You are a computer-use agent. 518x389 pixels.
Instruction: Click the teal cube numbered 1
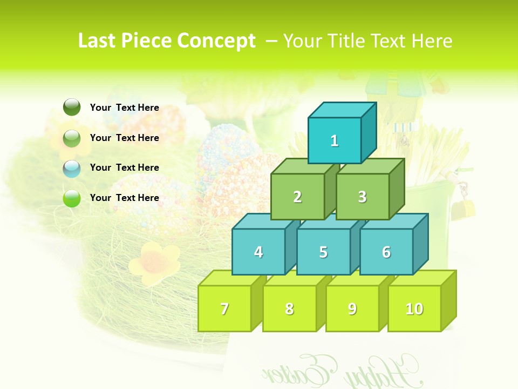point(335,140)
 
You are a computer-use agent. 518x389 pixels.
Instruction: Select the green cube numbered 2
point(297,197)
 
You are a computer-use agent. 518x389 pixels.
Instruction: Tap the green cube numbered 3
point(362,197)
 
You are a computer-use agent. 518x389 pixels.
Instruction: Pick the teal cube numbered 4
point(258,252)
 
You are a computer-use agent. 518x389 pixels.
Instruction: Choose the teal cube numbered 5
point(323,252)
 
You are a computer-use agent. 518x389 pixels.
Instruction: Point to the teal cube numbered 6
point(386,252)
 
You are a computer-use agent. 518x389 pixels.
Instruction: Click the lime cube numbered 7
point(224,308)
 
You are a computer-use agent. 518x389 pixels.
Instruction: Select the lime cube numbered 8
point(289,308)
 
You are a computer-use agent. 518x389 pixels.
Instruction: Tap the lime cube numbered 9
point(352,308)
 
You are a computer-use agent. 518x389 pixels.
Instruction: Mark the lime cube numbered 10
point(414,308)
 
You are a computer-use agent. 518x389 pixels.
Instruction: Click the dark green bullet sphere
point(72,108)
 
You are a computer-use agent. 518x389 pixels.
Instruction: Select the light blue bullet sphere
point(72,168)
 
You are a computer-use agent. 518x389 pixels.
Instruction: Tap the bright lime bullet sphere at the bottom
point(72,198)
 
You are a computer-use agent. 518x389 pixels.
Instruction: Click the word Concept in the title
point(216,41)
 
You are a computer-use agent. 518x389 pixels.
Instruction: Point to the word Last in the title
point(98,41)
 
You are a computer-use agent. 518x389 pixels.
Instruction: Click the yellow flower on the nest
point(154,261)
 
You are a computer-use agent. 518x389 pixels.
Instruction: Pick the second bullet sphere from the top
point(72,138)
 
